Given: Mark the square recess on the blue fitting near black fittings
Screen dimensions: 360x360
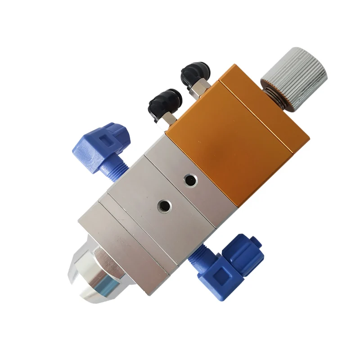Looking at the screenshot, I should [x=110, y=139].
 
